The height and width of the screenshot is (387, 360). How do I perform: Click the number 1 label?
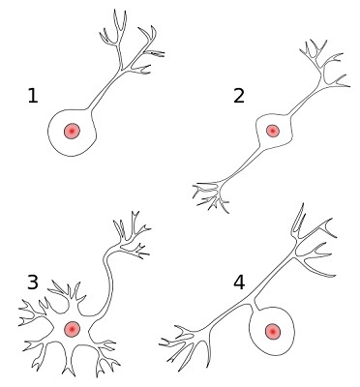[33, 96]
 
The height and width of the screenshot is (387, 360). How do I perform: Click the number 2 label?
[239, 96]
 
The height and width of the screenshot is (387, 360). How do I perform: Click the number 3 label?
[33, 283]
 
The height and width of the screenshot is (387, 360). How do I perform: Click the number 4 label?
[239, 283]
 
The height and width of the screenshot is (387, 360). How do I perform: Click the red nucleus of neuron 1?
[71, 131]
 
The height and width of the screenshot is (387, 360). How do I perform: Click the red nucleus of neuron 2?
[272, 131]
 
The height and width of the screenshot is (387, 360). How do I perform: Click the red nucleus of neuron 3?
[72, 329]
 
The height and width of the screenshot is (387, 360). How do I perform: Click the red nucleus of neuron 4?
[273, 332]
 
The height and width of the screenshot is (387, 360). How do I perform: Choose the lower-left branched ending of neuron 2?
[211, 193]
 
